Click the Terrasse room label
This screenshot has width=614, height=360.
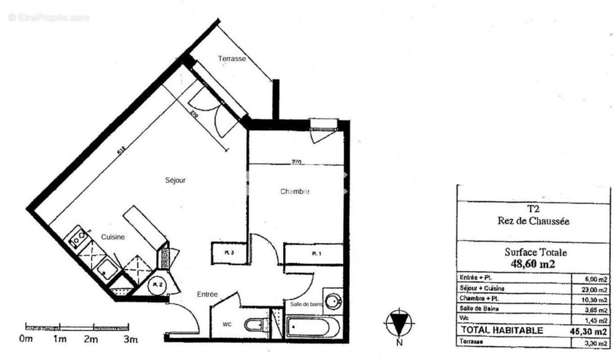232,59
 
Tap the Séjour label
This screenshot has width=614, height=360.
175,181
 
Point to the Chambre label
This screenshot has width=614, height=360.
295,192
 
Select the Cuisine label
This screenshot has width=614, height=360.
113,237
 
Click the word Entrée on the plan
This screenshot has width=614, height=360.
208,295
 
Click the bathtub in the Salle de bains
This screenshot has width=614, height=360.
312,326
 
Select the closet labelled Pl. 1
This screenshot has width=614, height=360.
313,254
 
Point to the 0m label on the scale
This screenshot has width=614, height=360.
26,339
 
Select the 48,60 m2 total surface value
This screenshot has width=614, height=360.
533,263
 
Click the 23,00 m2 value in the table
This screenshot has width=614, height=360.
596,289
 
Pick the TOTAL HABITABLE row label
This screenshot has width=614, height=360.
502,331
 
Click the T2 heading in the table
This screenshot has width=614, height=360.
533,209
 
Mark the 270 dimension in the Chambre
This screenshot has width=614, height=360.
296,162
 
